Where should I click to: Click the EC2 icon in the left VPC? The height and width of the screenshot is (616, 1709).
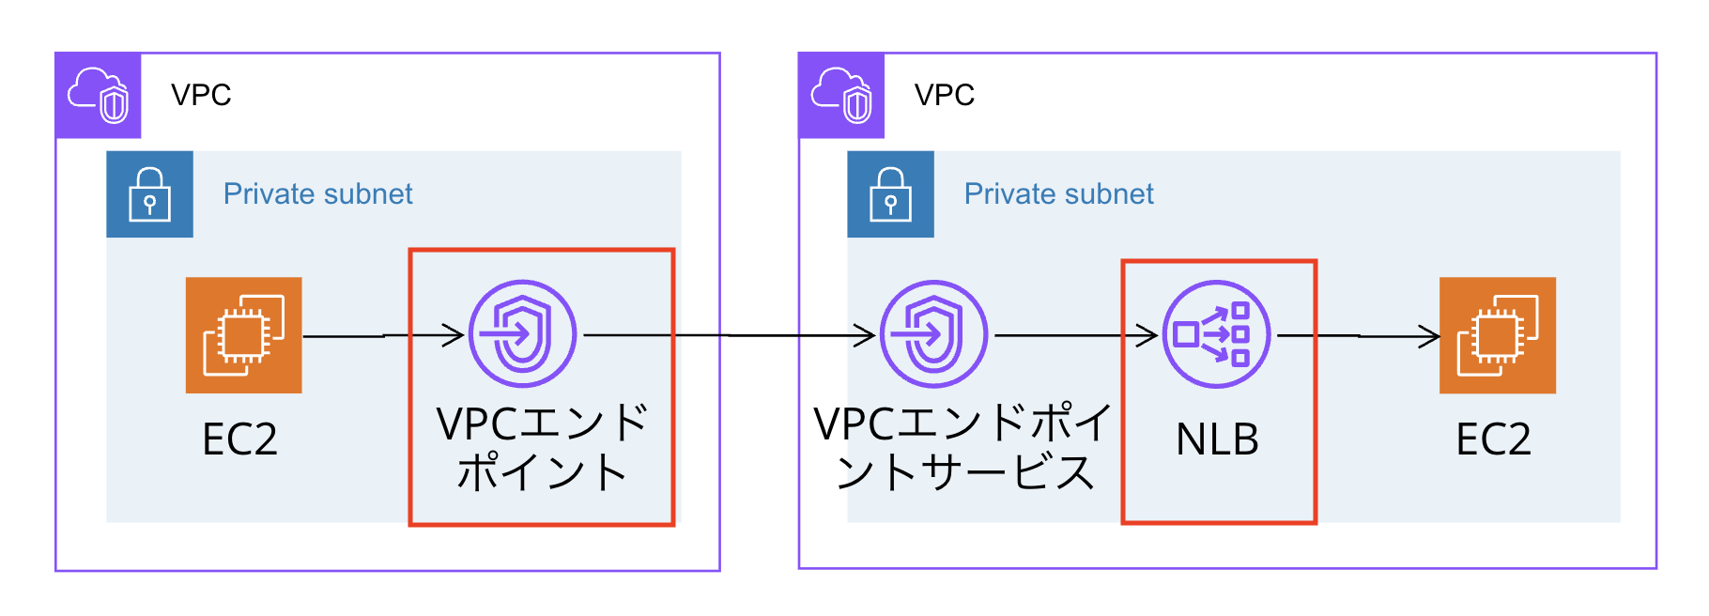[x=243, y=335]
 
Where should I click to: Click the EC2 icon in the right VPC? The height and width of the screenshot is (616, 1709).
[x=1497, y=335]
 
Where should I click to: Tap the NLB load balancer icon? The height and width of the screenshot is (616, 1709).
[x=1216, y=334]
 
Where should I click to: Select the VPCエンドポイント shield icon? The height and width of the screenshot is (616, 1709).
[x=522, y=333]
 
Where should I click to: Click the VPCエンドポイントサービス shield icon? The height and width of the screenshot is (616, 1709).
[x=933, y=333]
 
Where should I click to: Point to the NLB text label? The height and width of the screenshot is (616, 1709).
[x=1217, y=439]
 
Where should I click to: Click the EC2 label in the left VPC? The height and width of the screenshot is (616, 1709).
[x=239, y=439]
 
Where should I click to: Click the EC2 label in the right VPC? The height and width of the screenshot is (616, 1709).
[x=1493, y=439]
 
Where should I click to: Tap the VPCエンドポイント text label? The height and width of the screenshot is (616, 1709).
[x=542, y=448]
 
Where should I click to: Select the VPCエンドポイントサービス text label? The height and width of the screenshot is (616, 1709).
[x=963, y=448]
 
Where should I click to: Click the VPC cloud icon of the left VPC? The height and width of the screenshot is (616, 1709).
[x=98, y=95]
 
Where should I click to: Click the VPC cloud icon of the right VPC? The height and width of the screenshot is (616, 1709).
[x=841, y=95]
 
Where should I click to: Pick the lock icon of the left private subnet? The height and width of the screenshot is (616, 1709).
[x=149, y=194]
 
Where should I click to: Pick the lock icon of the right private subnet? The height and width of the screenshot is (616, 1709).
[x=890, y=194]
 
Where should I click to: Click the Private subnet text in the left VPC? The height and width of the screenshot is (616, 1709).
[x=317, y=194]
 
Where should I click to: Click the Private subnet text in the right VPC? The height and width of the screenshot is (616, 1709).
[x=1058, y=194]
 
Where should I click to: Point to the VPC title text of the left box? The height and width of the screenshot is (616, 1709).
[x=201, y=95]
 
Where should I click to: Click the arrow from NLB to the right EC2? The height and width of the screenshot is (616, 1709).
[x=1358, y=335]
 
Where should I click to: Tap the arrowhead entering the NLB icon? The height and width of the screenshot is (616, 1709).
[x=1147, y=335]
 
